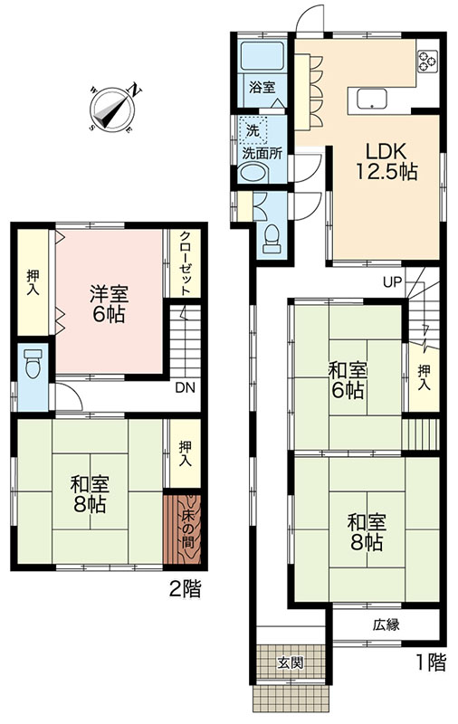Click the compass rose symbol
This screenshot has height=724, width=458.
(x=112, y=109)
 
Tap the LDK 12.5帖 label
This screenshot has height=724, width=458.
(x=386, y=161)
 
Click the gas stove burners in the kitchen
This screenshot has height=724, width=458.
(x=427, y=61)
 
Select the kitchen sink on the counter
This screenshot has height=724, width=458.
(x=371, y=98)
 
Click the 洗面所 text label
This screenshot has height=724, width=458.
(x=262, y=153)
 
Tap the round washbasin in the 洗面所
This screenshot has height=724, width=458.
(x=253, y=172)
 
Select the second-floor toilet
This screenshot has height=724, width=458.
(x=33, y=364)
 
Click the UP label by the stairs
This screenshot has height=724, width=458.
(x=393, y=282)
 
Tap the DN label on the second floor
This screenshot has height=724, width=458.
(x=186, y=387)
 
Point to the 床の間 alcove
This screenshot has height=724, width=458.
(x=182, y=529)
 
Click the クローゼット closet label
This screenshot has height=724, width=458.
(x=186, y=263)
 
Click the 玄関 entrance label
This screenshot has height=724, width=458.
(x=291, y=662)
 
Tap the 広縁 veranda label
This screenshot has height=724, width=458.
(x=386, y=624)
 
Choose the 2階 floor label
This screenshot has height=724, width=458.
(x=186, y=589)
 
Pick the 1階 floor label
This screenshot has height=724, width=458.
(x=432, y=662)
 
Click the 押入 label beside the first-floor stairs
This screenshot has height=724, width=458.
(x=425, y=378)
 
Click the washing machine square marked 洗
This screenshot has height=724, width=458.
(x=253, y=129)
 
